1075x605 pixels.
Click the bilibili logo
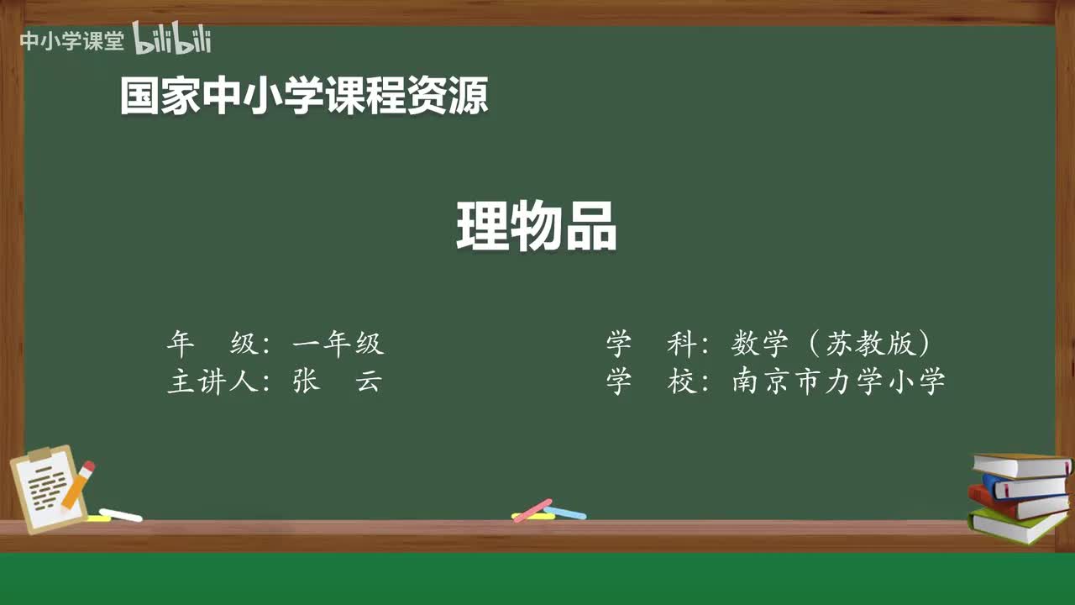click(x=172, y=39)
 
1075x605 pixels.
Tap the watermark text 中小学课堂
click(x=71, y=40)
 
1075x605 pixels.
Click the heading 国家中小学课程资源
click(x=303, y=96)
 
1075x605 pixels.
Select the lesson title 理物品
click(x=537, y=227)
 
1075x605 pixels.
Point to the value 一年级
click(x=338, y=344)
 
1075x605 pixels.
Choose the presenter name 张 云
click(x=338, y=381)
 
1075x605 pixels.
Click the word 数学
click(x=760, y=344)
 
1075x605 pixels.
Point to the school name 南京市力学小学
click(x=839, y=381)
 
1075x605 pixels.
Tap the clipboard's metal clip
click(x=39, y=455)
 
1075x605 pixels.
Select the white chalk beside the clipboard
click(x=121, y=514)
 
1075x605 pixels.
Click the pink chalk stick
click(x=532, y=509)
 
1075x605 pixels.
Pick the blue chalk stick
click(x=566, y=512)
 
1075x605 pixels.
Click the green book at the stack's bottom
click(x=1016, y=525)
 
